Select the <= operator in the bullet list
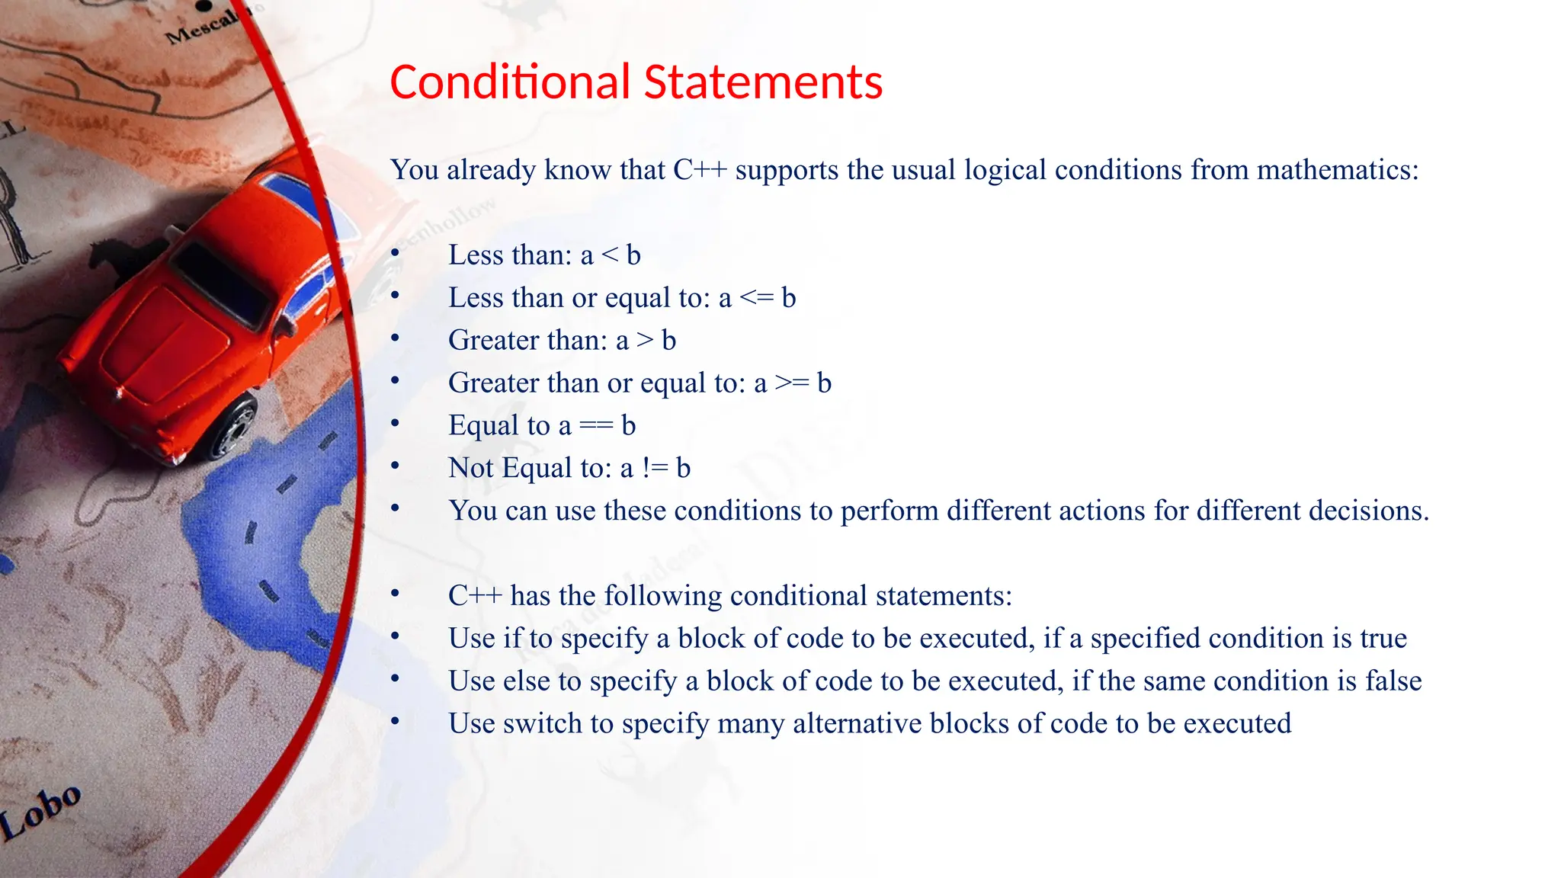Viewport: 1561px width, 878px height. click(756, 298)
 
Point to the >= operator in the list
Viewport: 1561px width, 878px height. click(791, 383)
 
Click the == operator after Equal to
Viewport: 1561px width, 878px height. click(595, 426)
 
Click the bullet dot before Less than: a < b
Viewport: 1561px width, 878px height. click(395, 253)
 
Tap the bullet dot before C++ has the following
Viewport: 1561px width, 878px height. click(395, 594)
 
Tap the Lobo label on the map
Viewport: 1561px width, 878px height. click(42, 812)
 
